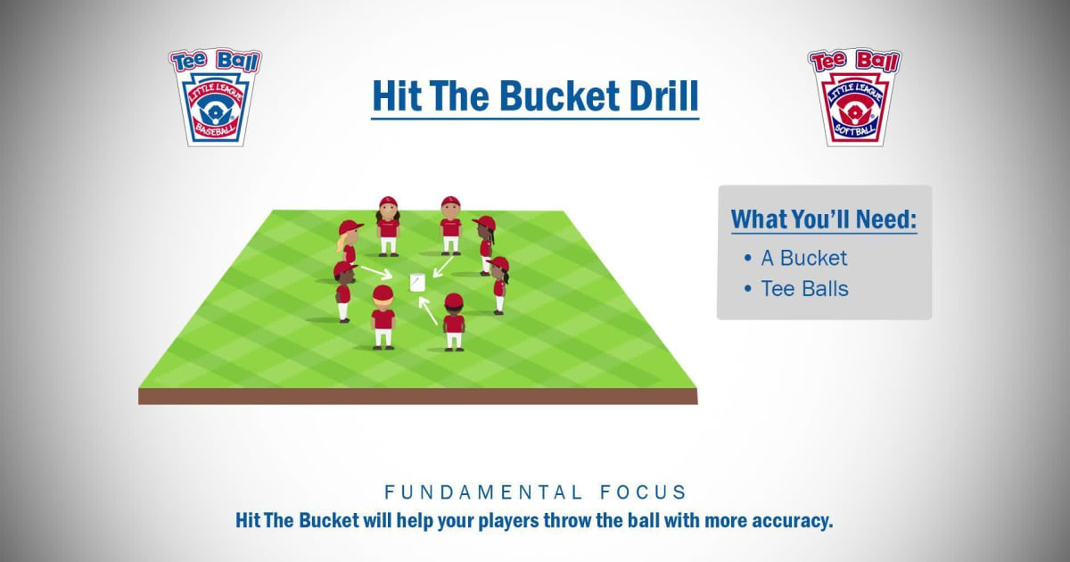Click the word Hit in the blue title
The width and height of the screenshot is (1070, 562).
coord(398,96)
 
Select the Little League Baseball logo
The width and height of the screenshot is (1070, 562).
coord(215,96)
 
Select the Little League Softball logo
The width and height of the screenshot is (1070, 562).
coord(854,96)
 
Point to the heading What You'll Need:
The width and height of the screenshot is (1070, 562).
coord(823,219)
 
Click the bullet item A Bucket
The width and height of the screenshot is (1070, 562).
coord(803,258)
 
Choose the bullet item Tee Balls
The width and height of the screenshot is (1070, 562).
coord(804,288)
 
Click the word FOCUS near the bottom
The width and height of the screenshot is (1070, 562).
coord(639,492)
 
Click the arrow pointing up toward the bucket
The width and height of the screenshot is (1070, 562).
coord(429,310)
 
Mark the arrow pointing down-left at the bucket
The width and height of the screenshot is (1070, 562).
coord(442,264)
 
